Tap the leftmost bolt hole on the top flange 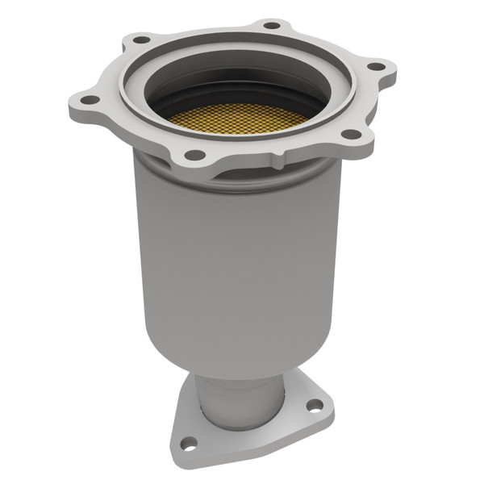point(90,100)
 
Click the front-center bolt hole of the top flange point(194,154)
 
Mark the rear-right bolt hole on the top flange point(273,25)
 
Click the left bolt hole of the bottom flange point(187,442)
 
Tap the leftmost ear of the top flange point(81,101)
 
